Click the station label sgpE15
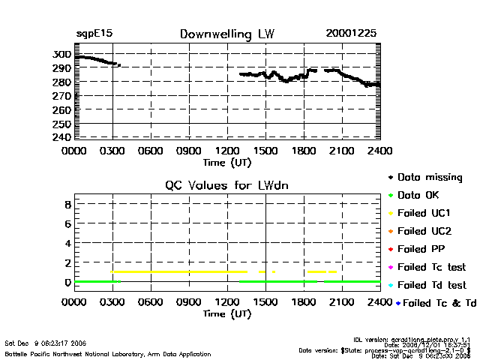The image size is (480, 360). tap(94, 34)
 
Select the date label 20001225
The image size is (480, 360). tap(351, 34)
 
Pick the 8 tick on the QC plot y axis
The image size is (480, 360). tap(67, 204)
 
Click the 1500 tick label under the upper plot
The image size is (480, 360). tap(265, 150)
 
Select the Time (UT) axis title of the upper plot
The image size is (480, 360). tap(227, 161)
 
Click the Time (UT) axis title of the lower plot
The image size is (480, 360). tap(227, 313)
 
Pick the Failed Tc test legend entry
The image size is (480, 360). tap(431, 267)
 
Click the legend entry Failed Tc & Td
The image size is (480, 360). tap(434, 303)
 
